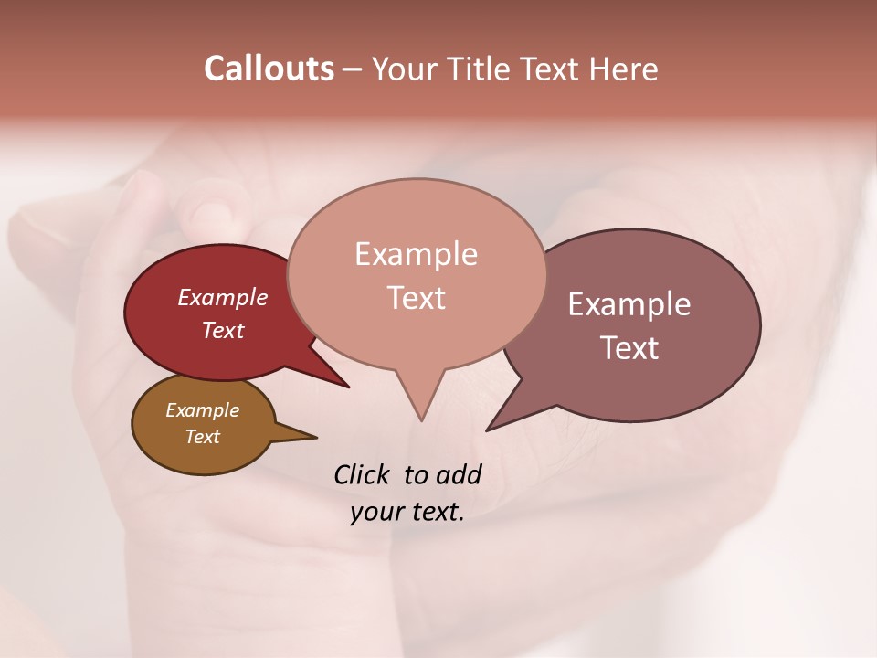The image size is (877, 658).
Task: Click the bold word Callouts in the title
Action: click(x=269, y=69)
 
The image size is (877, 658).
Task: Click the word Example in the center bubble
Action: click(x=417, y=254)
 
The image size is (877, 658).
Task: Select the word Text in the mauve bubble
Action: click(x=629, y=348)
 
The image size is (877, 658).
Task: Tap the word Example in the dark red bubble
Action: click(x=223, y=297)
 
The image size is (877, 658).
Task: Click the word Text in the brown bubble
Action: click(x=203, y=437)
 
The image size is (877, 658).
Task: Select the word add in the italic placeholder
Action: click(x=459, y=474)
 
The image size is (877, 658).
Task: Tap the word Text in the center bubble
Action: click(x=417, y=298)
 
